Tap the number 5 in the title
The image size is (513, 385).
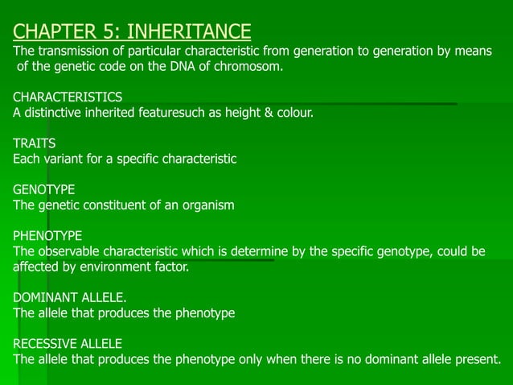pyautogui.click(x=111, y=32)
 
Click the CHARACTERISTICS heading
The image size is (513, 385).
pyautogui.click(x=68, y=97)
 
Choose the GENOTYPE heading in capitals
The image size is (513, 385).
pyautogui.click(x=44, y=190)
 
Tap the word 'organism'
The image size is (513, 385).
pyautogui.click(x=209, y=205)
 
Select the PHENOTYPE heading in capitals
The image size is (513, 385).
pyautogui.click(x=47, y=236)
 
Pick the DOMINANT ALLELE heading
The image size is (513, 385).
pyautogui.click(x=70, y=298)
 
